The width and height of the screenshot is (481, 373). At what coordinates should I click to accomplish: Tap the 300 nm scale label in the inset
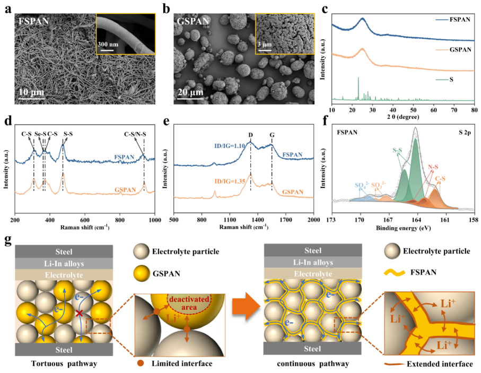[108, 43]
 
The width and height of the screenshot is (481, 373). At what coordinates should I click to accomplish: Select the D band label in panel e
[250, 134]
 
